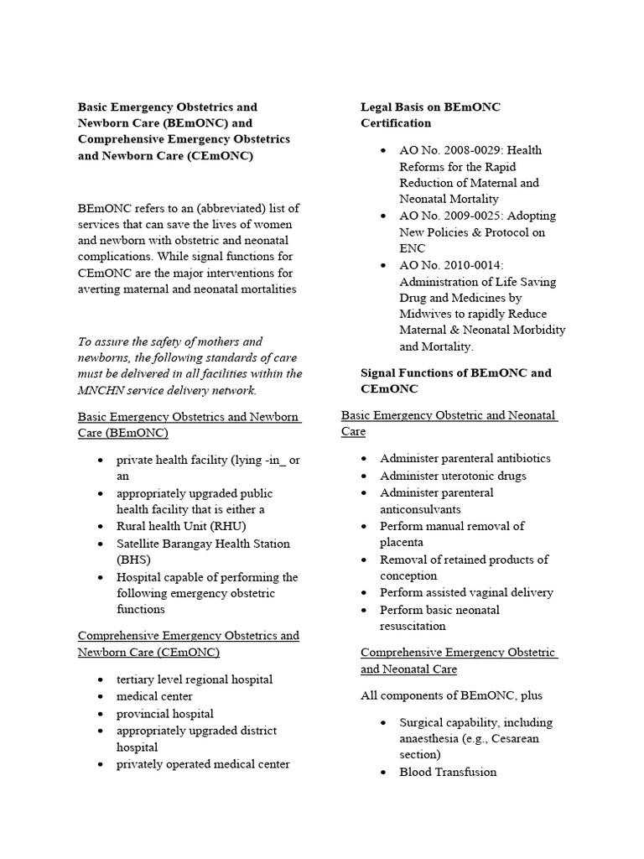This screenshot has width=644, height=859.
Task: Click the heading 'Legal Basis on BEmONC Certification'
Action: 430,115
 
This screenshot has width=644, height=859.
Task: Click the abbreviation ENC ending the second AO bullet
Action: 413,248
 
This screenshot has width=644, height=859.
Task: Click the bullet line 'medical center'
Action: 154,696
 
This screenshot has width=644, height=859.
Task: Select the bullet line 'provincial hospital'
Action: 164,714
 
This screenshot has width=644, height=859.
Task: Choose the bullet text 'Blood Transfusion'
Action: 448,772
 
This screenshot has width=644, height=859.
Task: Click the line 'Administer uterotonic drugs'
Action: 453,476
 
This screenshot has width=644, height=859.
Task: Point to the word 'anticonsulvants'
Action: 420,509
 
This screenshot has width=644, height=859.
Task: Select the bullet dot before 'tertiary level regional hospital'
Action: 101,679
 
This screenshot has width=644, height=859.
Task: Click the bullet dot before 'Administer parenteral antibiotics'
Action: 364,459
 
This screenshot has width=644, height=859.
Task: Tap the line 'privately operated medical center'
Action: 203,764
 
